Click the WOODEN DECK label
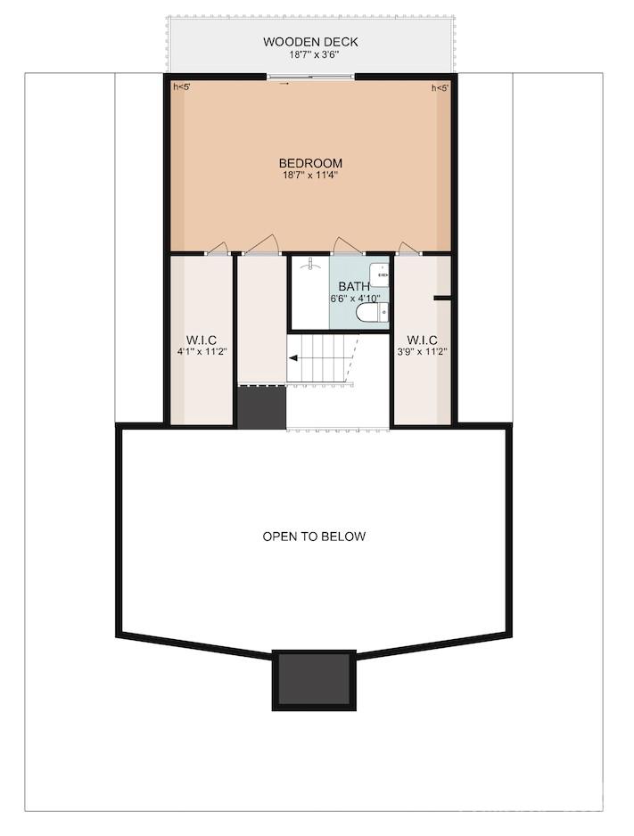click(x=310, y=42)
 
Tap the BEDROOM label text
click(x=310, y=163)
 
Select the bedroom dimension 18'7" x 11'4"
click(x=310, y=175)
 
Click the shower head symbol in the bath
click(x=309, y=264)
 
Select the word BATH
click(x=353, y=287)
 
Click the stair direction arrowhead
click(x=293, y=358)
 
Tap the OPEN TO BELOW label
click(x=314, y=537)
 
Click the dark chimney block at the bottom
click(x=314, y=680)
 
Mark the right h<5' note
click(x=440, y=88)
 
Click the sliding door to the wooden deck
click(x=311, y=78)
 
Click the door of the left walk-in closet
click(x=218, y=249)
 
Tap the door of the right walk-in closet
click(x=409, y=249)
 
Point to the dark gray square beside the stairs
click(x=262, y=406)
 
